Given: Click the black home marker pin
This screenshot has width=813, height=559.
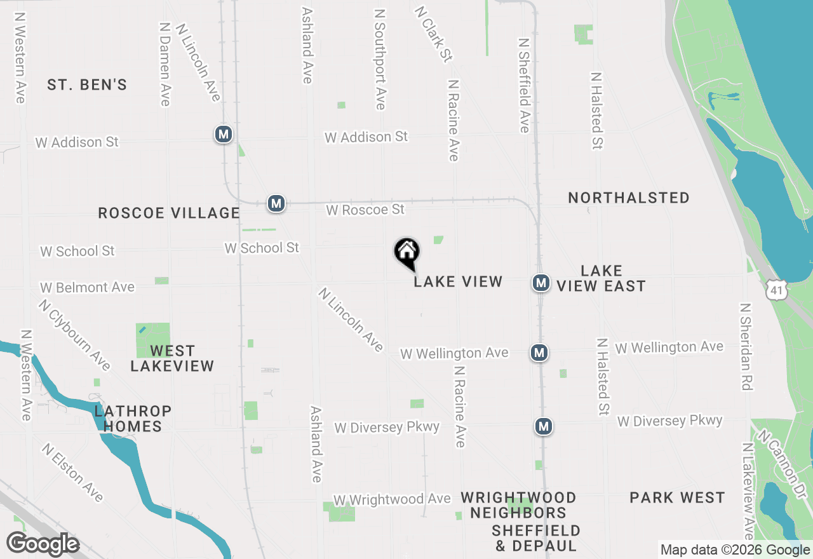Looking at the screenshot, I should coord(407,253).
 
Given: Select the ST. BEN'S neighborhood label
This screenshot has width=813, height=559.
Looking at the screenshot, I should coord(87,84).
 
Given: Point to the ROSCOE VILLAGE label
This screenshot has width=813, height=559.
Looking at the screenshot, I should coord(169,213).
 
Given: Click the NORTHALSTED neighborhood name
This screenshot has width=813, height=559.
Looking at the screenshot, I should coord(629,198).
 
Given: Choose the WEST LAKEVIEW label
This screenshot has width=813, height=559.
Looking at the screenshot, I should coord(172,358).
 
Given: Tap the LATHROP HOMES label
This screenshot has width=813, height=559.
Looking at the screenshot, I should coord(133,419).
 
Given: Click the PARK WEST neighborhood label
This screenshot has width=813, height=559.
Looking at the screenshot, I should coord(677,497).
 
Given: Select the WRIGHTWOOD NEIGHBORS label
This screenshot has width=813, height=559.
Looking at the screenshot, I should coord(518,505).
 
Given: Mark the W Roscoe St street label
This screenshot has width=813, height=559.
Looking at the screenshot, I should coord(365,210).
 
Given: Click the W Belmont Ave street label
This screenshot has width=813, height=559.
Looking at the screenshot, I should coord(88,288).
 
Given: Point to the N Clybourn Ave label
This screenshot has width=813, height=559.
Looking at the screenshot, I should coord(74,335).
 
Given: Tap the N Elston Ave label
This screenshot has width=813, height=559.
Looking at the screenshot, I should coord(73,473).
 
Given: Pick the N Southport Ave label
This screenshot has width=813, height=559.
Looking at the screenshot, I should coord(380,58).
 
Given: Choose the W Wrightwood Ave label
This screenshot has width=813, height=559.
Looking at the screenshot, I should coord(392,500).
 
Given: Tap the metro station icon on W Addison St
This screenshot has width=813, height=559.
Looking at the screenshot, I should coord(223,134).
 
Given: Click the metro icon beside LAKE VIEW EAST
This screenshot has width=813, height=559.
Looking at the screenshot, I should coord(541,283).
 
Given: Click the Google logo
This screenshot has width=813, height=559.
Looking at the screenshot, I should coord(43,544).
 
